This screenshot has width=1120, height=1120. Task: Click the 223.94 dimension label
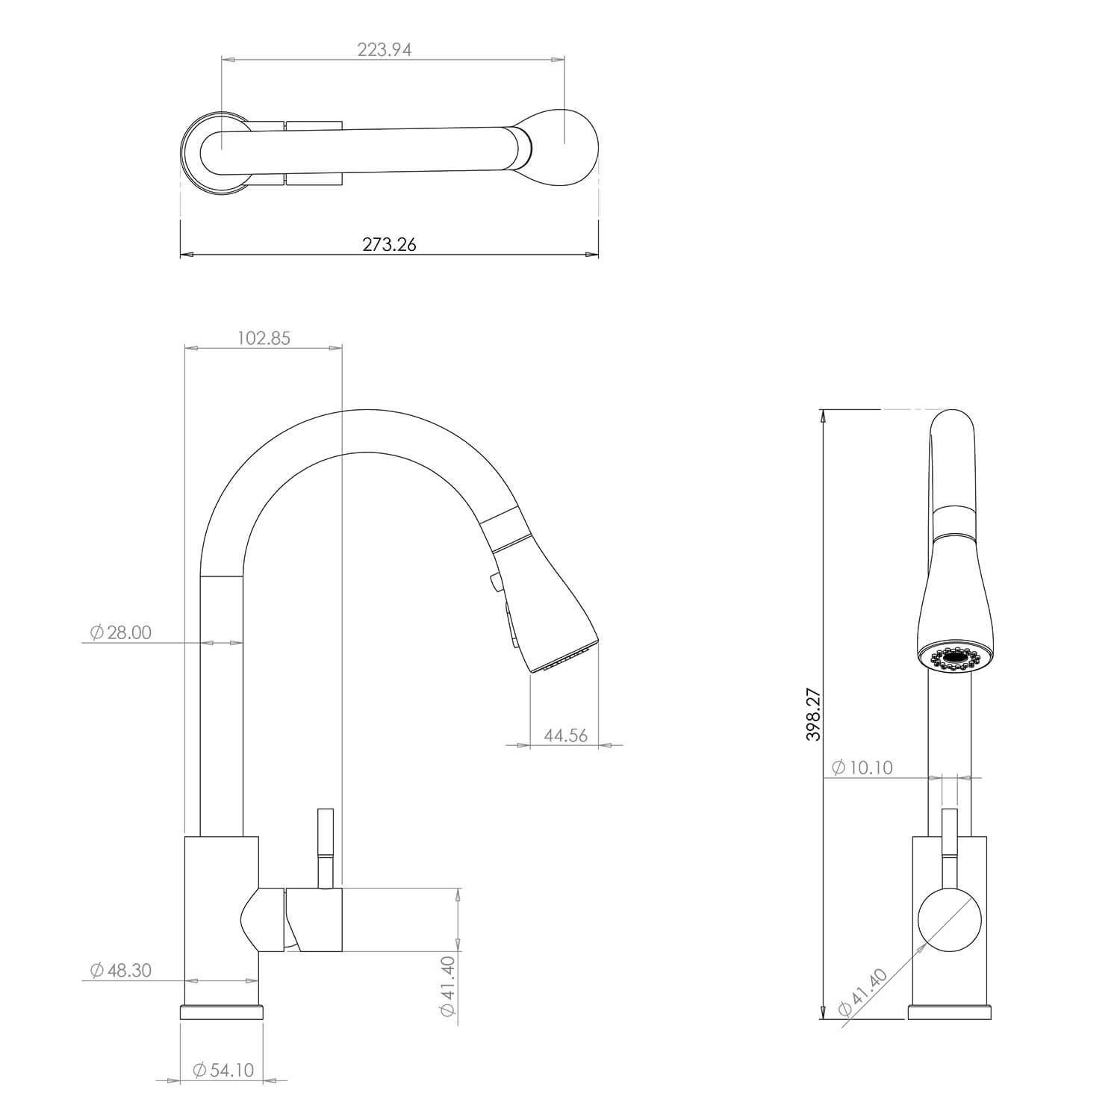[x=385, y=50]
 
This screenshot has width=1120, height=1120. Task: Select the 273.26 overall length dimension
[x=389, y=244]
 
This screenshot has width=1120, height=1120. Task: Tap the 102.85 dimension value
[x=264, y=338]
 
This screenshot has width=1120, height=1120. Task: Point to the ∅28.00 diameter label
[x=120, y=632]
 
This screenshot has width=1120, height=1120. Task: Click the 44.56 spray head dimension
[x=565, y=735]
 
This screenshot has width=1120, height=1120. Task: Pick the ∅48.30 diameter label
[x=120, y=970]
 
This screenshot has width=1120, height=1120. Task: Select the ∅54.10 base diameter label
[x=223, y=1070]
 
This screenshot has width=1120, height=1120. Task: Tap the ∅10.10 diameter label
[x=862, y=768]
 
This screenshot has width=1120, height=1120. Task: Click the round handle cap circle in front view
[x=949, y=920]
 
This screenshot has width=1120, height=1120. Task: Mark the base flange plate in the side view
[x=222, y=1012]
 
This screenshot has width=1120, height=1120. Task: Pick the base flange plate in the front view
[x=949, y=1012]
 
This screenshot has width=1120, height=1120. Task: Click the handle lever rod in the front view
[x=949, y=844]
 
